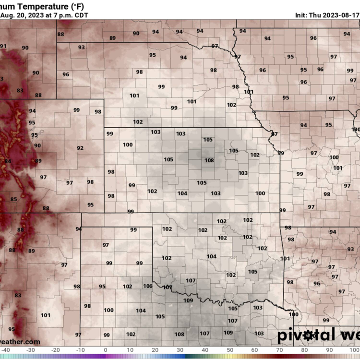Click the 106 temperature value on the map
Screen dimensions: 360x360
(x=147, y=286)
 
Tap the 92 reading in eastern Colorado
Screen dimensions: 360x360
(x=80, y=148)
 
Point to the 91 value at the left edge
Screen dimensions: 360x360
(x=3, y=46)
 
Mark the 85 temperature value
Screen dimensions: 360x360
(x=13, y=200)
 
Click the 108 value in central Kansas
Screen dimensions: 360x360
(x=209, y=160)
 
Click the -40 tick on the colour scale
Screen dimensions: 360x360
(x=5, y=350)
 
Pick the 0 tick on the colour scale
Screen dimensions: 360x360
(x=105, y=350)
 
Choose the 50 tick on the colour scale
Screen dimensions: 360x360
(x=230, y=350)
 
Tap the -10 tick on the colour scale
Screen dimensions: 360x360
(x=80, y=350)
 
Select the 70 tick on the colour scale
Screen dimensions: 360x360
(x=280, y=350)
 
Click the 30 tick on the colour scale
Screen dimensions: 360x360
(x=180, y=350)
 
